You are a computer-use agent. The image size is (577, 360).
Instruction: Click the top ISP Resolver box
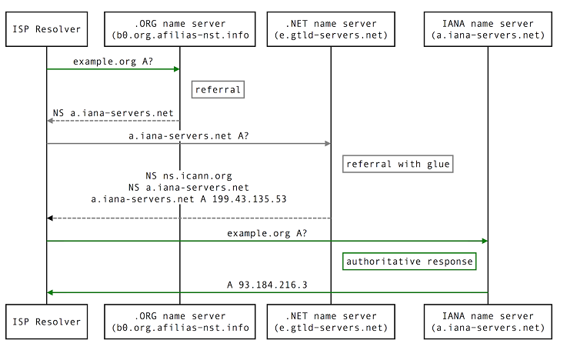(x=47, y=29)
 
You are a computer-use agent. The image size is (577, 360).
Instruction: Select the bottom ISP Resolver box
(x=47, y=322)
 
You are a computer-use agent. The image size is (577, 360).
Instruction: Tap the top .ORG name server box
(x=180, y=29)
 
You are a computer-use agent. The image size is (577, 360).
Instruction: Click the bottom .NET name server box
(x=331, y=322)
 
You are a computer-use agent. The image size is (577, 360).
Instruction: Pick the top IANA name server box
(x=488, y=29)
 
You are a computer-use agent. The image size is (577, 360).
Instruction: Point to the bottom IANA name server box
(x=488, y=322)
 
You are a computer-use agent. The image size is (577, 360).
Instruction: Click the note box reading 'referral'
(x=218, y=89)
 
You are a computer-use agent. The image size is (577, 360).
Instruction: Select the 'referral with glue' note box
(x=398, y=164)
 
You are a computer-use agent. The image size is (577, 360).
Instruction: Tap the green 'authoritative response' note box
(x=409, y=262)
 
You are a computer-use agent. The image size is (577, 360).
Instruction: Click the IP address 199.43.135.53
(x=249, y=199)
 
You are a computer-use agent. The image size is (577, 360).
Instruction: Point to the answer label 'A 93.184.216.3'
(x=267, y=285)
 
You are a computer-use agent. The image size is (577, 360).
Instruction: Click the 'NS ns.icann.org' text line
(x=188, y=176)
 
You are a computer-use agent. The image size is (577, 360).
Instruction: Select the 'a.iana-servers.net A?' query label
(x=188, y=136)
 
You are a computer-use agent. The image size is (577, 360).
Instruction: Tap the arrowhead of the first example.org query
(x=177, y=69)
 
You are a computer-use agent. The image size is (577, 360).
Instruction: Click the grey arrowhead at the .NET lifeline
(x=328, y=144)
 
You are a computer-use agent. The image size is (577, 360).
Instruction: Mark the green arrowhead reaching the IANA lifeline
(x=485, y=241)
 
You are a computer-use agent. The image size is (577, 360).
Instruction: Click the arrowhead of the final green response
(x=50, y=292)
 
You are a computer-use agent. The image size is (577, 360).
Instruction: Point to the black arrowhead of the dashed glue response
(x=50, y=218)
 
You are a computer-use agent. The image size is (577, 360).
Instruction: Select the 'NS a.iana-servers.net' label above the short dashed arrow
(x=113, y=113)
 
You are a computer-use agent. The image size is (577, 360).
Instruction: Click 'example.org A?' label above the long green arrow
(x=267, y=233)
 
